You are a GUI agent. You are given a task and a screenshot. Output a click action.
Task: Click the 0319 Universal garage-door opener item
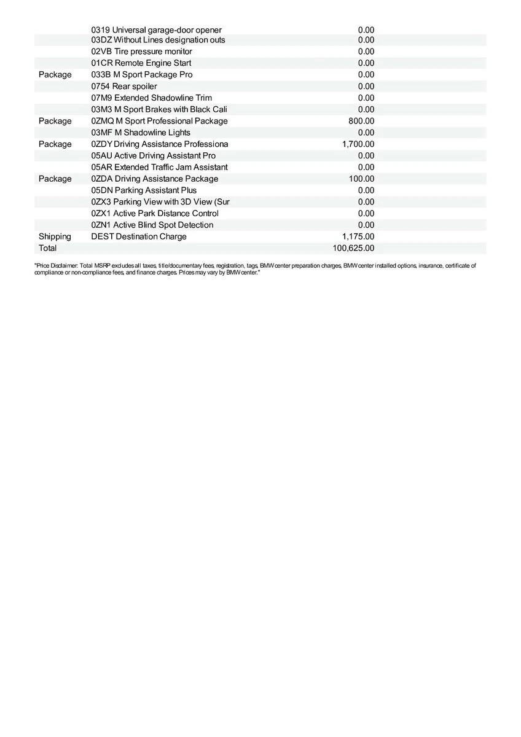[x=157, y=30]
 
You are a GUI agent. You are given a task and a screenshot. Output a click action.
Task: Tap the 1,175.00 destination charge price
[x=358, y=236]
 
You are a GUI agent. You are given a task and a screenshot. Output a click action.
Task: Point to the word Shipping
[x=55, y=236]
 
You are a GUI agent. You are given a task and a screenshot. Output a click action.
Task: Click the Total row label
[x=47, y=248]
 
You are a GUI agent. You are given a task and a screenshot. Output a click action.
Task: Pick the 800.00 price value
[x=361, y=121]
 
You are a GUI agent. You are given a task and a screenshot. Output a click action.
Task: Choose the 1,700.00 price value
[x=358, y=144]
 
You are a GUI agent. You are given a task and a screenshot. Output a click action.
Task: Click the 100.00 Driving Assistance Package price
[x=361, y=179]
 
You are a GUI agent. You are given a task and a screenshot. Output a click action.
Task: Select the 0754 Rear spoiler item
[x=124, y=86]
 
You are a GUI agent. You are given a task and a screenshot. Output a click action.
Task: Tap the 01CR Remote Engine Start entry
[x=141, y=63]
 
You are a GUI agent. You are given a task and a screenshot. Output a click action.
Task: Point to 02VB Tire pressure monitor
[x=142, y=52]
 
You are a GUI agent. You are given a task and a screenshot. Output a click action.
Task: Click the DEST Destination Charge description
[x=139, y=236]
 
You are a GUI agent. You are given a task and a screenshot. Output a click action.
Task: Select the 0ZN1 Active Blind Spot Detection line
[x=152, y=225]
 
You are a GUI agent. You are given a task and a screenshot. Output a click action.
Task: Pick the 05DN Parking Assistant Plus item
[x=144, y=190]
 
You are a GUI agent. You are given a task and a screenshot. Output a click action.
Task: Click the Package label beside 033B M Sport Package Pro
[x=55, y=75]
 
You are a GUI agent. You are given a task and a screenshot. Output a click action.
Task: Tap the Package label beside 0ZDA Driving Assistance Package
[x=55, y=179]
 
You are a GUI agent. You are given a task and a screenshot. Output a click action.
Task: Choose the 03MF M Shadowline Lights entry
[x=141, y=133]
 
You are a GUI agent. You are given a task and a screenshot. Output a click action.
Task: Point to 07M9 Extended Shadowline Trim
[x=152, y=98]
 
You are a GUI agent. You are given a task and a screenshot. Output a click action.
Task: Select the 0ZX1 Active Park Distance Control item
[x=155, y=213]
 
